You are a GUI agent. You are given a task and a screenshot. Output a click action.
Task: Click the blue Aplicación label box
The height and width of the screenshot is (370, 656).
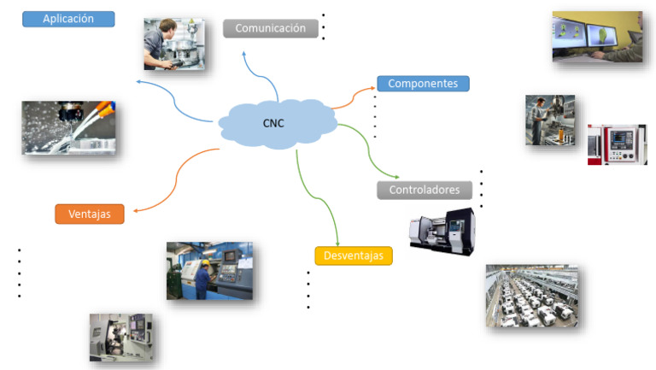pyautogui.click(x=67, y=18)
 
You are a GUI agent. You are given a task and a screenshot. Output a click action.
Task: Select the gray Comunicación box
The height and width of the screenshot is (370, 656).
pyautogui.click(x=270, y=28)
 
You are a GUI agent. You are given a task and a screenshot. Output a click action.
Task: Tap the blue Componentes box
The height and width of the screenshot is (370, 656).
pyautogui.click(x=423, y=84)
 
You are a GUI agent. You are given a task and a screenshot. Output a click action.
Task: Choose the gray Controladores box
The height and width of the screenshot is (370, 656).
pyautogui.click(x=425, y=190)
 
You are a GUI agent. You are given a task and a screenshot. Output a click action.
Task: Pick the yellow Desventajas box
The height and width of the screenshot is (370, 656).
pyautogui.click(x=353, y=255)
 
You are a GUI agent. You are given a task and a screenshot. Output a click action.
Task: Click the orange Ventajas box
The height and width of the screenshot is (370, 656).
pyautogui.click(x=90, y=214)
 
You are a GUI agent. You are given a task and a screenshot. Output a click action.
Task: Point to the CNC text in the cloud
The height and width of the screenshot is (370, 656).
pyautogui.click(x=273, y=123)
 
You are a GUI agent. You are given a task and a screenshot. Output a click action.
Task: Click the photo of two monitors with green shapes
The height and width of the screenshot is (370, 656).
pyautogui.click(x=597, y=36)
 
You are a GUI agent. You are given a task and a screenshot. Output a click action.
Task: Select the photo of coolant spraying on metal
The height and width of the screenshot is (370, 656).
pyautogui.click(x=68, y=128)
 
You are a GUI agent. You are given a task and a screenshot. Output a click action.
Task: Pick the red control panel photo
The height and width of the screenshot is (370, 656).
pyautogui.click(x=617, y=144)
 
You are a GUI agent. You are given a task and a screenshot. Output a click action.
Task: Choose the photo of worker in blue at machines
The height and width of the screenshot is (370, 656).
pyautogui.click(x=209, y=271)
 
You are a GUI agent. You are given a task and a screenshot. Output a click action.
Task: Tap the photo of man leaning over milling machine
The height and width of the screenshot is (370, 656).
pyautogui.click(x=174, y=44)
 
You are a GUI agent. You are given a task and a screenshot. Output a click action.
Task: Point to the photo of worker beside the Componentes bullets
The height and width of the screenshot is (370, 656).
pyautogui.click(x=549, y=120)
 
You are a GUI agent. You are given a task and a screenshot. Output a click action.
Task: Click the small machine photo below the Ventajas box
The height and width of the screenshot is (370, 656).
pyautogui.click(x=121, y=337)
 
